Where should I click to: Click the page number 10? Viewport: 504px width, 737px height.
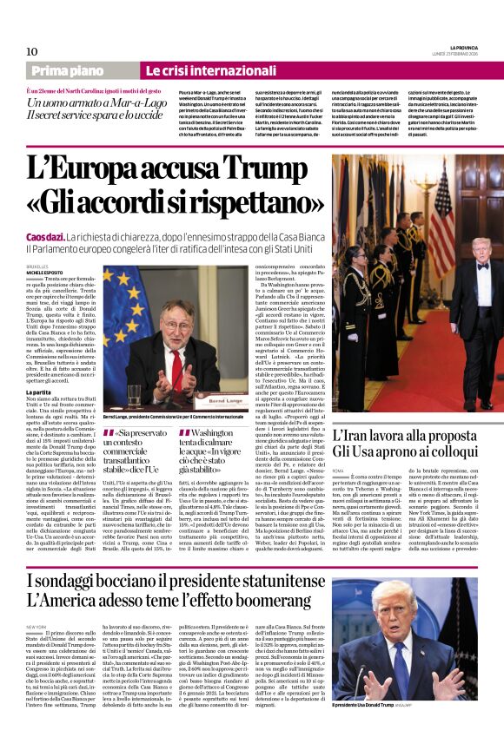[x=32, y=51]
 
